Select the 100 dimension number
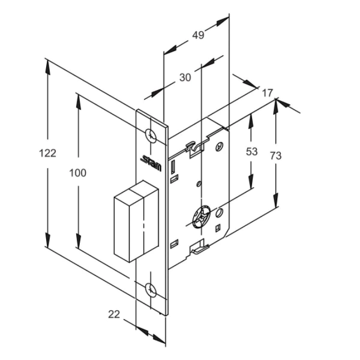[77, 173]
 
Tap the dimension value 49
[197, 35]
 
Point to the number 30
[185, 77]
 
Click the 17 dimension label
[268, 93]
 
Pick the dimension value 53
[251, 152]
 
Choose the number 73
[275, 156]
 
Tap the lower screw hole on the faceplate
[152, 290]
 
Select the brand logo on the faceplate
[148, 161]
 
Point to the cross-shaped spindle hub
[203, 216]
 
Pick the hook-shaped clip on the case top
[195, 146]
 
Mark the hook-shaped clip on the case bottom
[197, 247]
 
